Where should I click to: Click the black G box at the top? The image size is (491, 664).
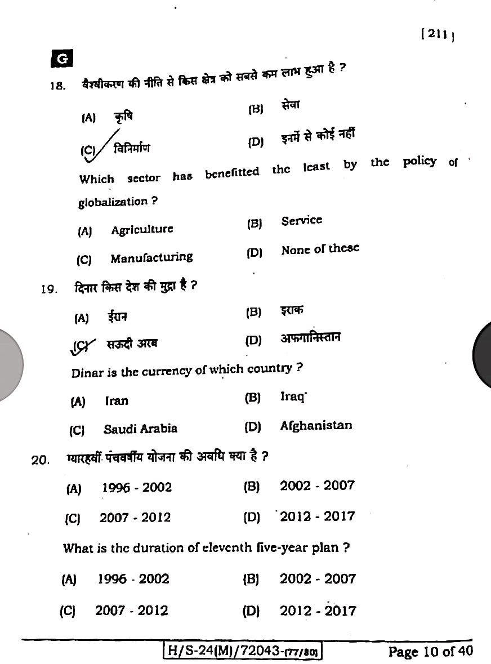pos(63,59)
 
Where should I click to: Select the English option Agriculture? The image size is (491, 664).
pos(142,229)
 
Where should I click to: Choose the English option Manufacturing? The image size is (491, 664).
pos(151,258)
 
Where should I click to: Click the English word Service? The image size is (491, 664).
pos(302,220)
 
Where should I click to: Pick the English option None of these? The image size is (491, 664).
pos(320,249)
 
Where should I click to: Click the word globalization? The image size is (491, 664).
pos(113,202)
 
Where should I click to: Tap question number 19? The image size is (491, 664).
pos(50,289)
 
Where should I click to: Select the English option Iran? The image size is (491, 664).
pos(117,400)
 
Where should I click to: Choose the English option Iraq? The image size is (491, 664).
pos(292,396)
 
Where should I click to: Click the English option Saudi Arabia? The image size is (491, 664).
pos(140,429)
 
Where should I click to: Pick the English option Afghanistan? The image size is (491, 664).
pos(316,426)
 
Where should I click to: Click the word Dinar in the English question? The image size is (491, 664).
pos(87,373)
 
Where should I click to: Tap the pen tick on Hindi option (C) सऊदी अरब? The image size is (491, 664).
pos(82,345)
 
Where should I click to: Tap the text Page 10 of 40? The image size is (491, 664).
pos(430,652)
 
